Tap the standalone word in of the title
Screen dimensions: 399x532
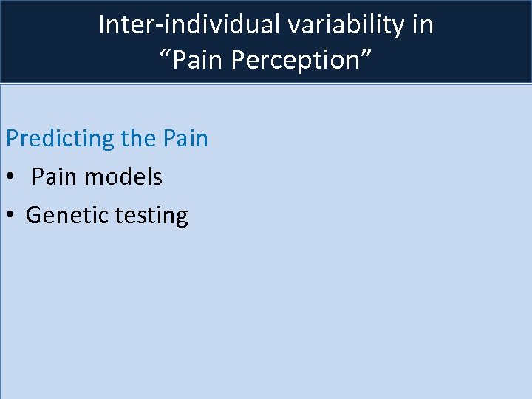point(423,25)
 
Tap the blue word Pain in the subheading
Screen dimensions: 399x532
point(186,138)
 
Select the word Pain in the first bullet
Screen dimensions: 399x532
point(56,177)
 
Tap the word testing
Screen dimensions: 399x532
point(151,216)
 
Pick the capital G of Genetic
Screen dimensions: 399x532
point(33,215)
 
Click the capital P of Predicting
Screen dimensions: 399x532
point(12,138)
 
